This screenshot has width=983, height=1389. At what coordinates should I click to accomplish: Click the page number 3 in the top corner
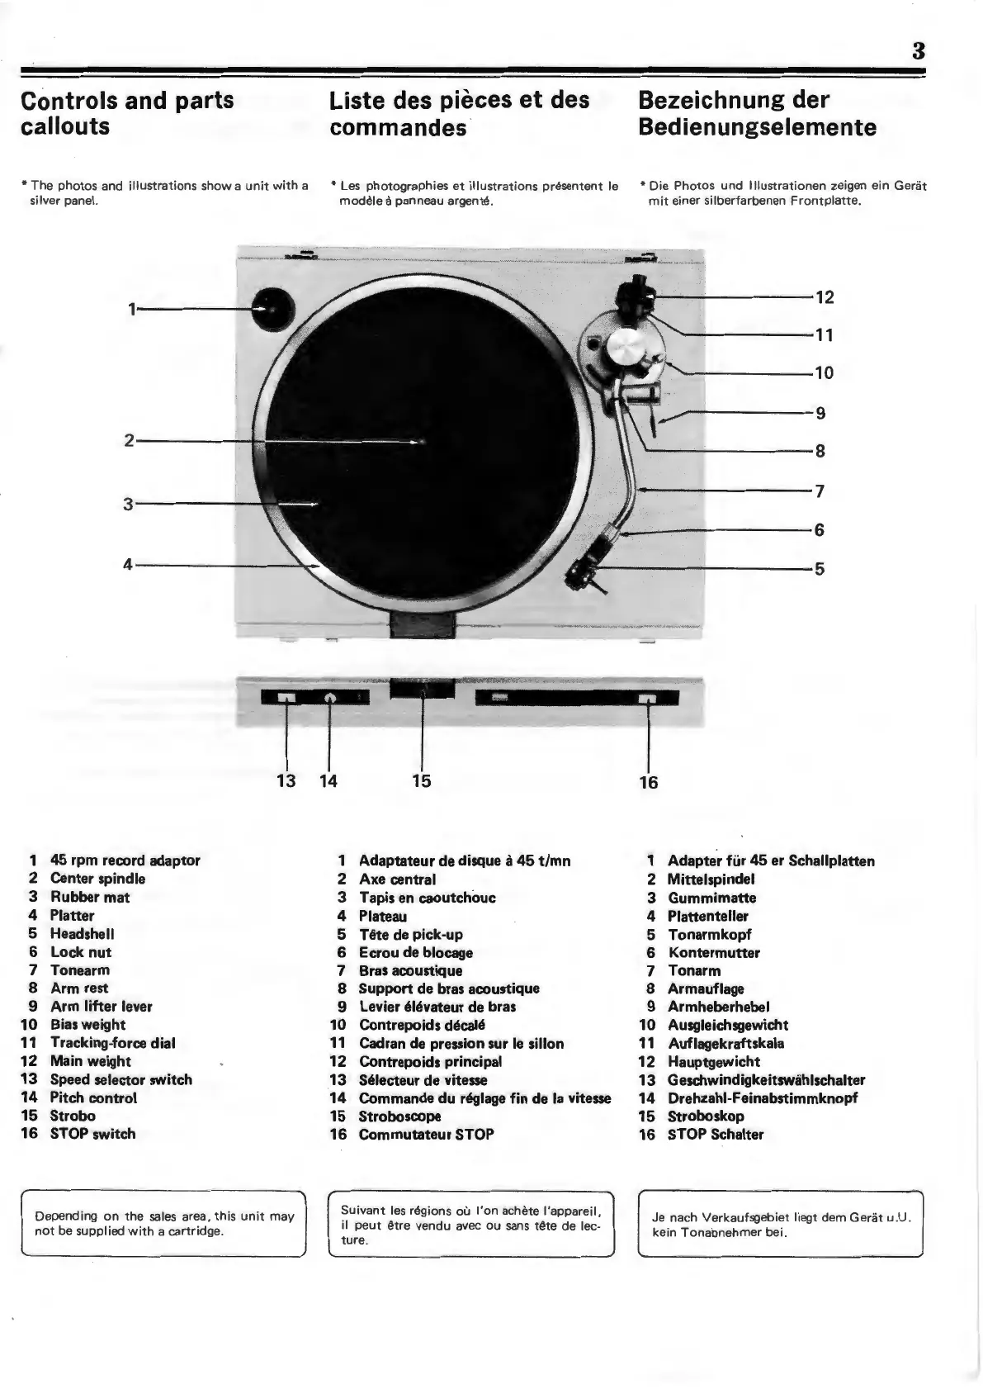coord(917,51)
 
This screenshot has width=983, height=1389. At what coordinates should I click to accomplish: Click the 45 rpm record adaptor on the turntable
coord(273,309)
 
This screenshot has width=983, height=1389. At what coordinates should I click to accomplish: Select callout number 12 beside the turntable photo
coord(825,297)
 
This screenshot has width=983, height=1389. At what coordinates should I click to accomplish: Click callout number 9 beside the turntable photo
coord(820,413)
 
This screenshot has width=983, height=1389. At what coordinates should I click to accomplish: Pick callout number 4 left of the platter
coord(128,565)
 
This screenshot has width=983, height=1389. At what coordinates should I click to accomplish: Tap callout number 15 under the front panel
coord(421,780)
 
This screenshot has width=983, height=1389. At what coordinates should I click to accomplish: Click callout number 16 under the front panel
coord(649,782)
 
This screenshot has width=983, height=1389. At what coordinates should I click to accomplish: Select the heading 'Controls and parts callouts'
coord(127,113)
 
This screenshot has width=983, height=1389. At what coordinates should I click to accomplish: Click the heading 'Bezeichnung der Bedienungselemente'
coord(757,114)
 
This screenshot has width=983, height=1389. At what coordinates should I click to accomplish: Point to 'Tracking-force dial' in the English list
coord(112,1043)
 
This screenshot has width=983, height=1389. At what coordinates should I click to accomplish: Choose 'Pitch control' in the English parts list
coord(93,1097)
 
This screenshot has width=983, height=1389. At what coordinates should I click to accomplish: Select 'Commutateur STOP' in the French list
coord(426,1134)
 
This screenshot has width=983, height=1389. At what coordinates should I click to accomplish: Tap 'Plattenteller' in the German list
coord(707,916)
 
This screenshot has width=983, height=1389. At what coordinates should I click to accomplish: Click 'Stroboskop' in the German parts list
coord(706,1116)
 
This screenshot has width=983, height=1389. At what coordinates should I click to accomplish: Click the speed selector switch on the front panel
coord(286,699)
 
